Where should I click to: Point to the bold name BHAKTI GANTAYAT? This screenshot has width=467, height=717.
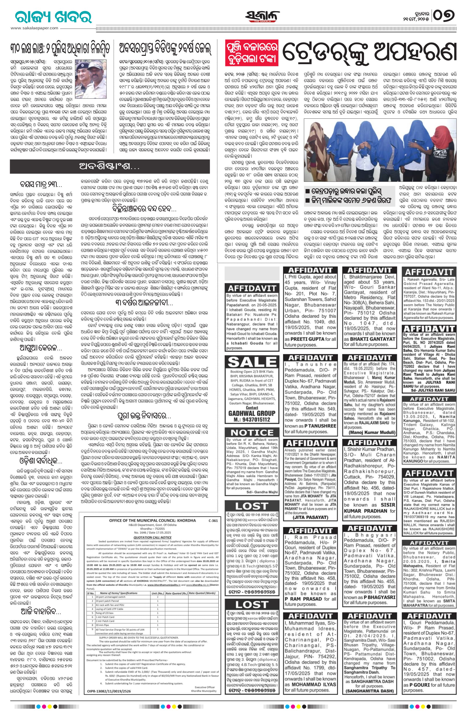(x=369, y=339)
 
